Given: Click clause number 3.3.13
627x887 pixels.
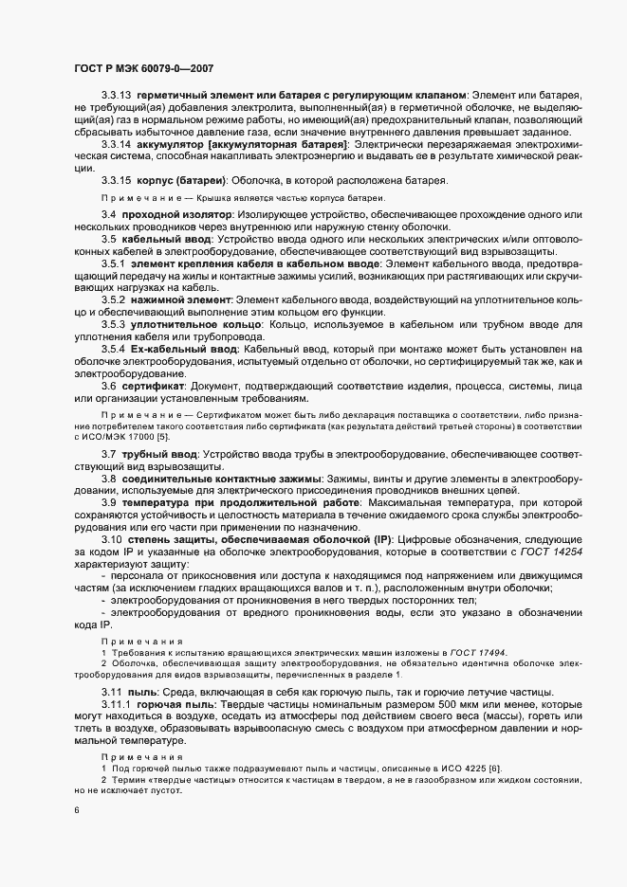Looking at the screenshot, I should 116,96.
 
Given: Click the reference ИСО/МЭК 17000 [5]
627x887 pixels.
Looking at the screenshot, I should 127,437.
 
